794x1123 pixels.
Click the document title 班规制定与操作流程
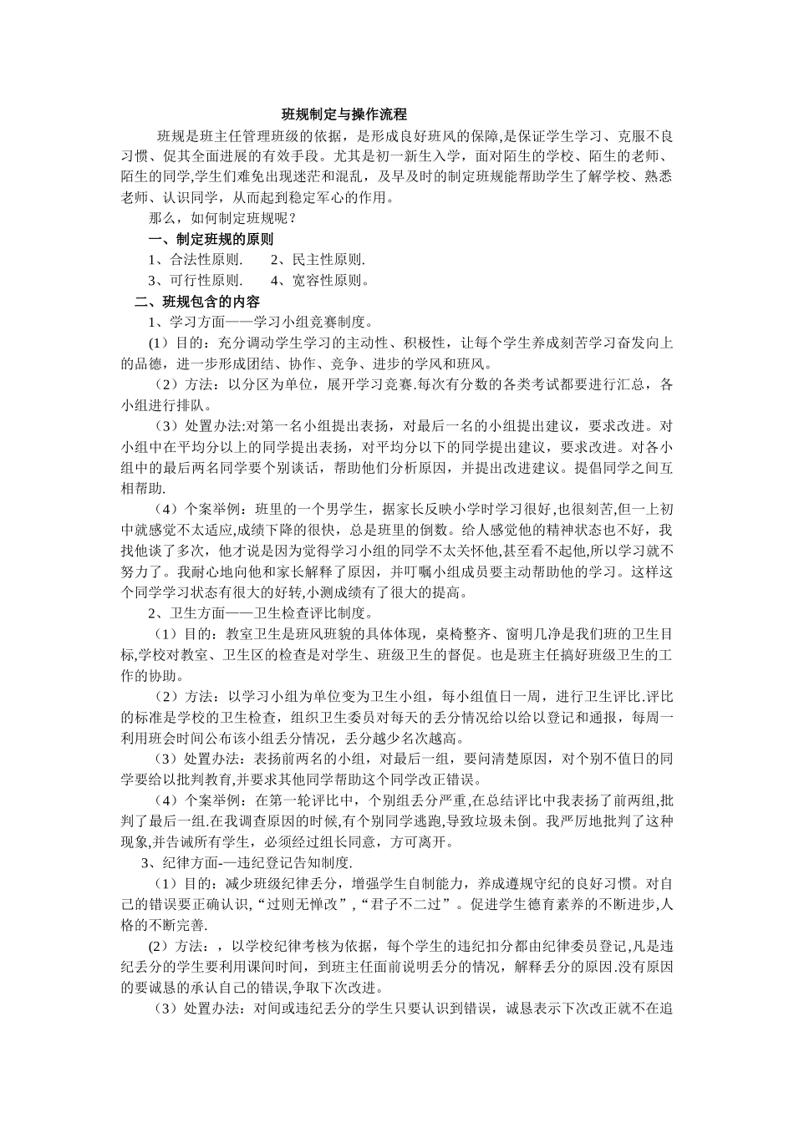[x=344, y=114]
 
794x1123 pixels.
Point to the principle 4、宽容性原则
[x=320, y=281]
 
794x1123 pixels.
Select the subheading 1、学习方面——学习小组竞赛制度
[x=260, y=323]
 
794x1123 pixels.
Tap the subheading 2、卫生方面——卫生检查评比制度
[x=260, y=613]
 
